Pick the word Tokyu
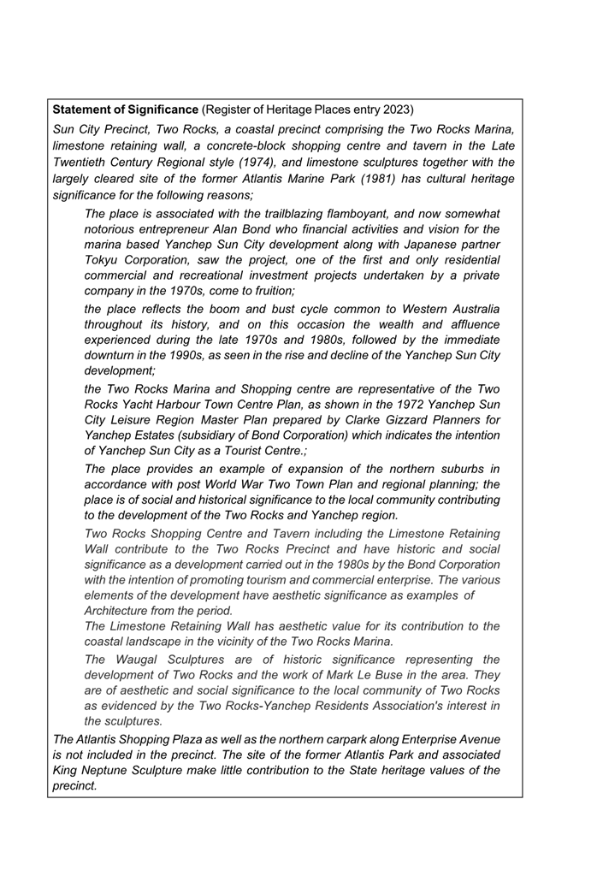(x=103, y=260)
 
